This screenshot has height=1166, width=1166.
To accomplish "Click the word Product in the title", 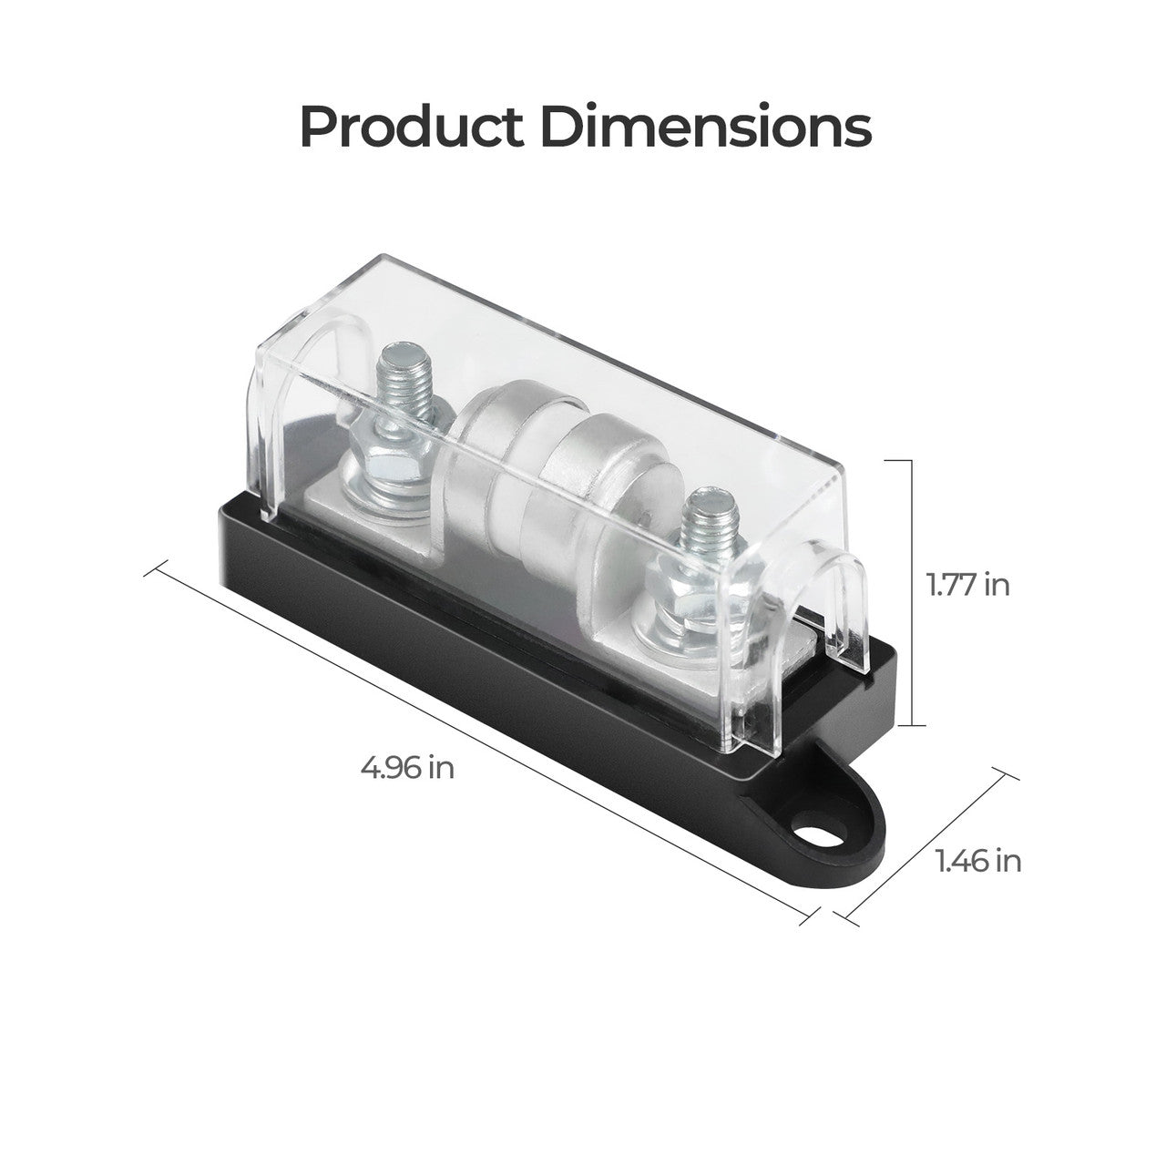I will coord(412,128).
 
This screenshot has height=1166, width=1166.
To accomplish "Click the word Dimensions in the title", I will coord(706,128).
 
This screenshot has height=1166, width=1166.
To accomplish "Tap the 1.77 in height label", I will coord(968,584).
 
